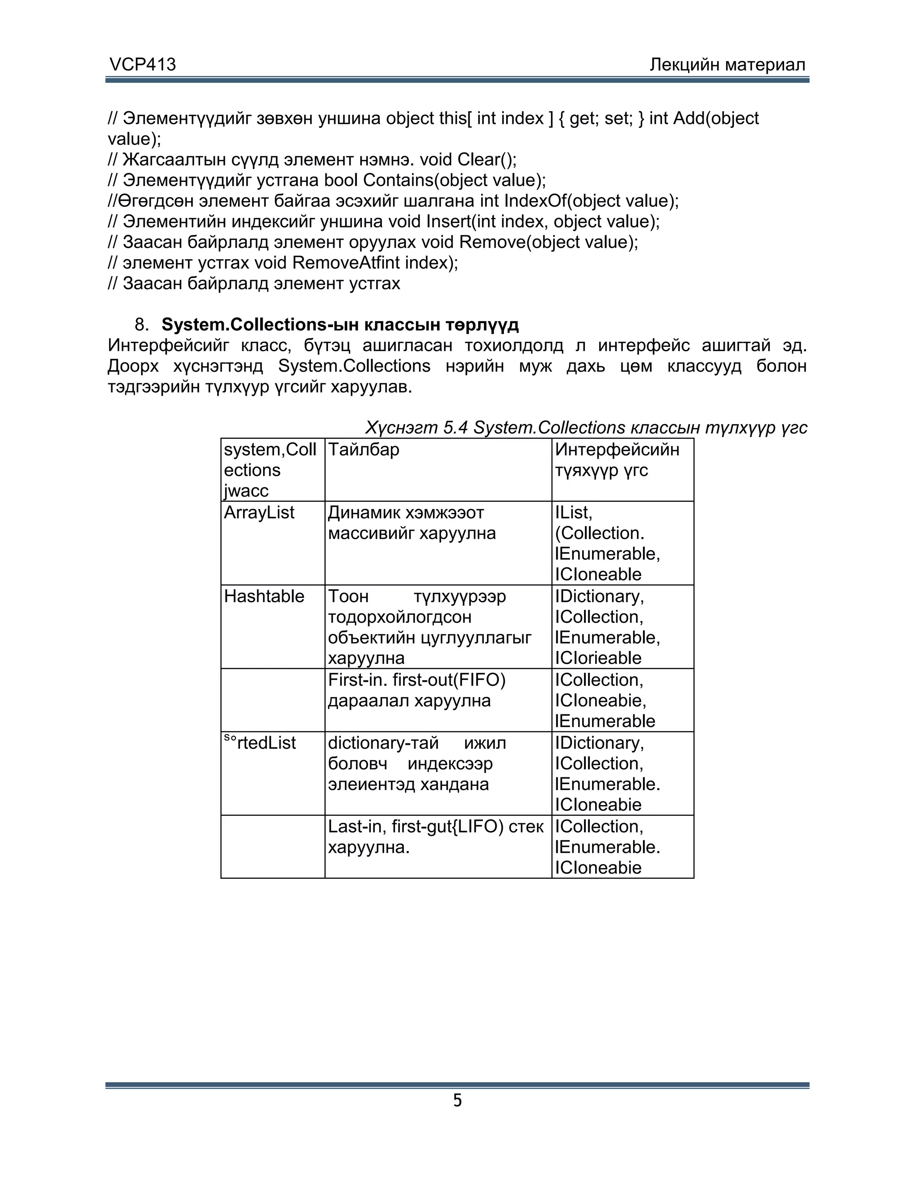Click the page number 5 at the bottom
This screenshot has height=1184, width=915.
coord(457,1100)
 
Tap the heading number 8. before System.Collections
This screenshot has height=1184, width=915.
coord(142,325)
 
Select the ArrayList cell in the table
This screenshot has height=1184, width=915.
coord(259,512)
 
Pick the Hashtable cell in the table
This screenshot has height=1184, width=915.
coord(264,596)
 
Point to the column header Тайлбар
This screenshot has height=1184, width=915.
coord(364,449)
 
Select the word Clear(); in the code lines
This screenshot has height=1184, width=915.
coord(487,160)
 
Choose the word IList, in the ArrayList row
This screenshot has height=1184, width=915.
coord(574,512)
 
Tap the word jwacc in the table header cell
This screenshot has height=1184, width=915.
coord(246,491)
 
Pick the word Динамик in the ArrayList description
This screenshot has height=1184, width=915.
coord(364,512)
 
